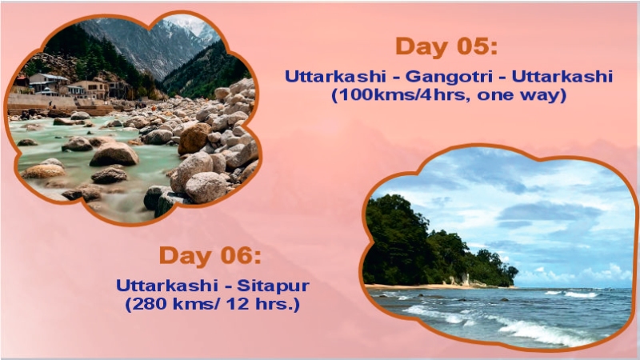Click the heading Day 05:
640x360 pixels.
(x=446, y=46)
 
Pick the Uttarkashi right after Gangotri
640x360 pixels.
(x=562, y=78)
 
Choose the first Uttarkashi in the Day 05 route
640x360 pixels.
(x=334, y=78)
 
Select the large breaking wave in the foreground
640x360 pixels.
(x=528, y=328)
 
